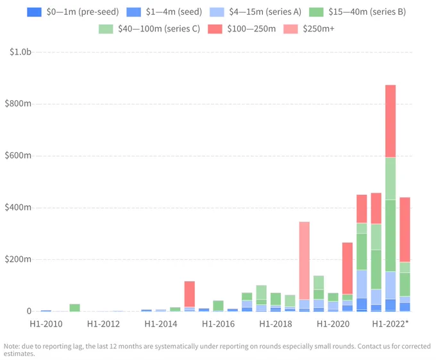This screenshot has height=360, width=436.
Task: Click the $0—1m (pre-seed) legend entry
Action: pyautogui.click(x=73, y=12)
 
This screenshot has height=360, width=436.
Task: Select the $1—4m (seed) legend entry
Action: pyautogui.click(x=164, y=12)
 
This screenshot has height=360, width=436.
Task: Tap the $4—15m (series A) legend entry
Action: pyautogui.click(x=256, y=12)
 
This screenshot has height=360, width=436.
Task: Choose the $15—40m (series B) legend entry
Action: pyautogui.click(x=358, y=12)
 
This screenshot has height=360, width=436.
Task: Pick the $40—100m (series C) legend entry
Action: pyautogui.click(x=149, y=29)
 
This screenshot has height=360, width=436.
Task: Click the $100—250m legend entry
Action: pyautogui.click(x=242, y=29)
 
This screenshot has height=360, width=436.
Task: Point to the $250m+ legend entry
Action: pyautogui.click(x=309, y=29)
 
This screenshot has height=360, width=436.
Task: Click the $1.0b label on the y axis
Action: pyautogui.click(x=21, y=52)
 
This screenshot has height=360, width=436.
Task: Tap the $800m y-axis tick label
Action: pyautogui.click(x=18, y=104)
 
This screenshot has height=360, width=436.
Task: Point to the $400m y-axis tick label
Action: pyautogui.click(x=18, y=207)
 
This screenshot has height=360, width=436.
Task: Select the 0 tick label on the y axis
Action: pyautogui.click(x=29, y=311)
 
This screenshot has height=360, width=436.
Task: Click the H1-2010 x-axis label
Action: pyautogui.click(x=46, y=324)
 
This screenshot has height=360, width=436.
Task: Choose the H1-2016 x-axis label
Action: pyautogui.click(x=218, y=324)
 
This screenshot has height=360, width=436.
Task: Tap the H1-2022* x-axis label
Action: pyautogui.click(x=390, y=324)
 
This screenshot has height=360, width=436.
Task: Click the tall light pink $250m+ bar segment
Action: pyautogui.click(x=304, y=261)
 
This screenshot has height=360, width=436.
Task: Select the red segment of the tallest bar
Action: pyautogui.click(x=390, y=121)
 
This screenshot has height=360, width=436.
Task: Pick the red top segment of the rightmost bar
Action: pyautogui.click(x=405, y=230)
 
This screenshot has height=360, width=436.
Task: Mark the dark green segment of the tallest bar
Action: pyautogui.click(x=390, y=236)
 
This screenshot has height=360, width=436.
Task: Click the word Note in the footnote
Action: pyautogui.click(x=11, y=347)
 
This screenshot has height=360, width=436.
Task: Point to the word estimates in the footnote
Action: pyautogui.click(x=19, y=354)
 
